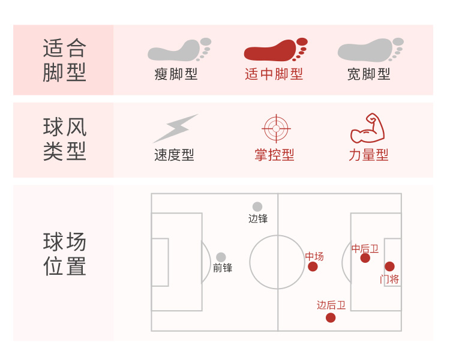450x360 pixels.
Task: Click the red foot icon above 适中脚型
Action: click(274, 50)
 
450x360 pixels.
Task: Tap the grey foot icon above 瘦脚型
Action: click(178, 50)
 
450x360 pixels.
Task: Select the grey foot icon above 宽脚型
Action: click(369, 50)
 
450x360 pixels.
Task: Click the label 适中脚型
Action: click(274, 74)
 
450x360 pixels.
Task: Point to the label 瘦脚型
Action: click(176, 74)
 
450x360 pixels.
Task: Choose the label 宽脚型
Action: click(368, 74)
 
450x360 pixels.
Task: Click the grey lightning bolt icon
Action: click(175, 128)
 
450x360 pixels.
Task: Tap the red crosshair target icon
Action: click(276, 128)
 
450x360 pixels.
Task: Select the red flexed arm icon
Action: click(367, 128)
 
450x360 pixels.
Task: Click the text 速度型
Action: click(174, 155)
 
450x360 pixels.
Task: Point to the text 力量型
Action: click(368, 155)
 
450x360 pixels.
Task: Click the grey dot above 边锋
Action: click(257, 206)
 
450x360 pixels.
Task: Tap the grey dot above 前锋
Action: click(221, 257)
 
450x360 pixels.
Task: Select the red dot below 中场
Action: click(313, 266)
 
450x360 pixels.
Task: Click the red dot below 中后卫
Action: click(365, 258)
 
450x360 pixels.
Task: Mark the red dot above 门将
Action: click(389, 266)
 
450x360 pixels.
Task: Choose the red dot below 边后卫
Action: click(331, 317)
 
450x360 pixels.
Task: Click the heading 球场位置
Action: click(65, 254)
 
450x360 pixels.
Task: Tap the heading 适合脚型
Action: click(65, 60)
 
